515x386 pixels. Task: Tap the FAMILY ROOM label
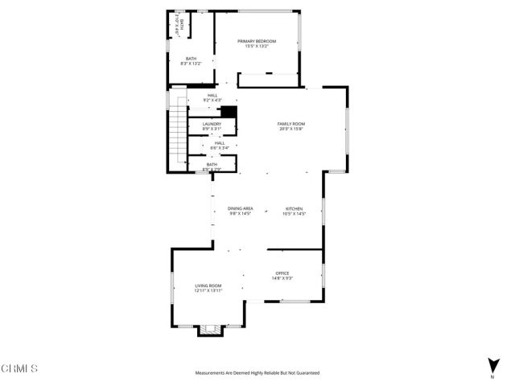tap(292, 124)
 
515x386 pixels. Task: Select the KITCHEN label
tap(293, 208)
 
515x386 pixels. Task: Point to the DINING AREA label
tap(241, 208)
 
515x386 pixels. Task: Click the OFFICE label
tap(282, 274)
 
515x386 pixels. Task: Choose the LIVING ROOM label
tap(208, 285)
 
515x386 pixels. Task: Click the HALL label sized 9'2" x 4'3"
tap(212, 96)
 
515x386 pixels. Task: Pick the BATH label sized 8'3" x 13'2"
tap(192, 58)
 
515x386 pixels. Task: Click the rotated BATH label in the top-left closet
tap(182, 24)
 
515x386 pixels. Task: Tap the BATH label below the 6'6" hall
tap(212, 164)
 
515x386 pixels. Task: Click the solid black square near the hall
tap(229, 112)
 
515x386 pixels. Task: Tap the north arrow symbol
tap(492, 363)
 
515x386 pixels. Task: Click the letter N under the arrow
tap(492, 376)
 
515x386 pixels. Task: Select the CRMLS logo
tap(19, 369)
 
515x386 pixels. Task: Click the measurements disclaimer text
tap(257, 373)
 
